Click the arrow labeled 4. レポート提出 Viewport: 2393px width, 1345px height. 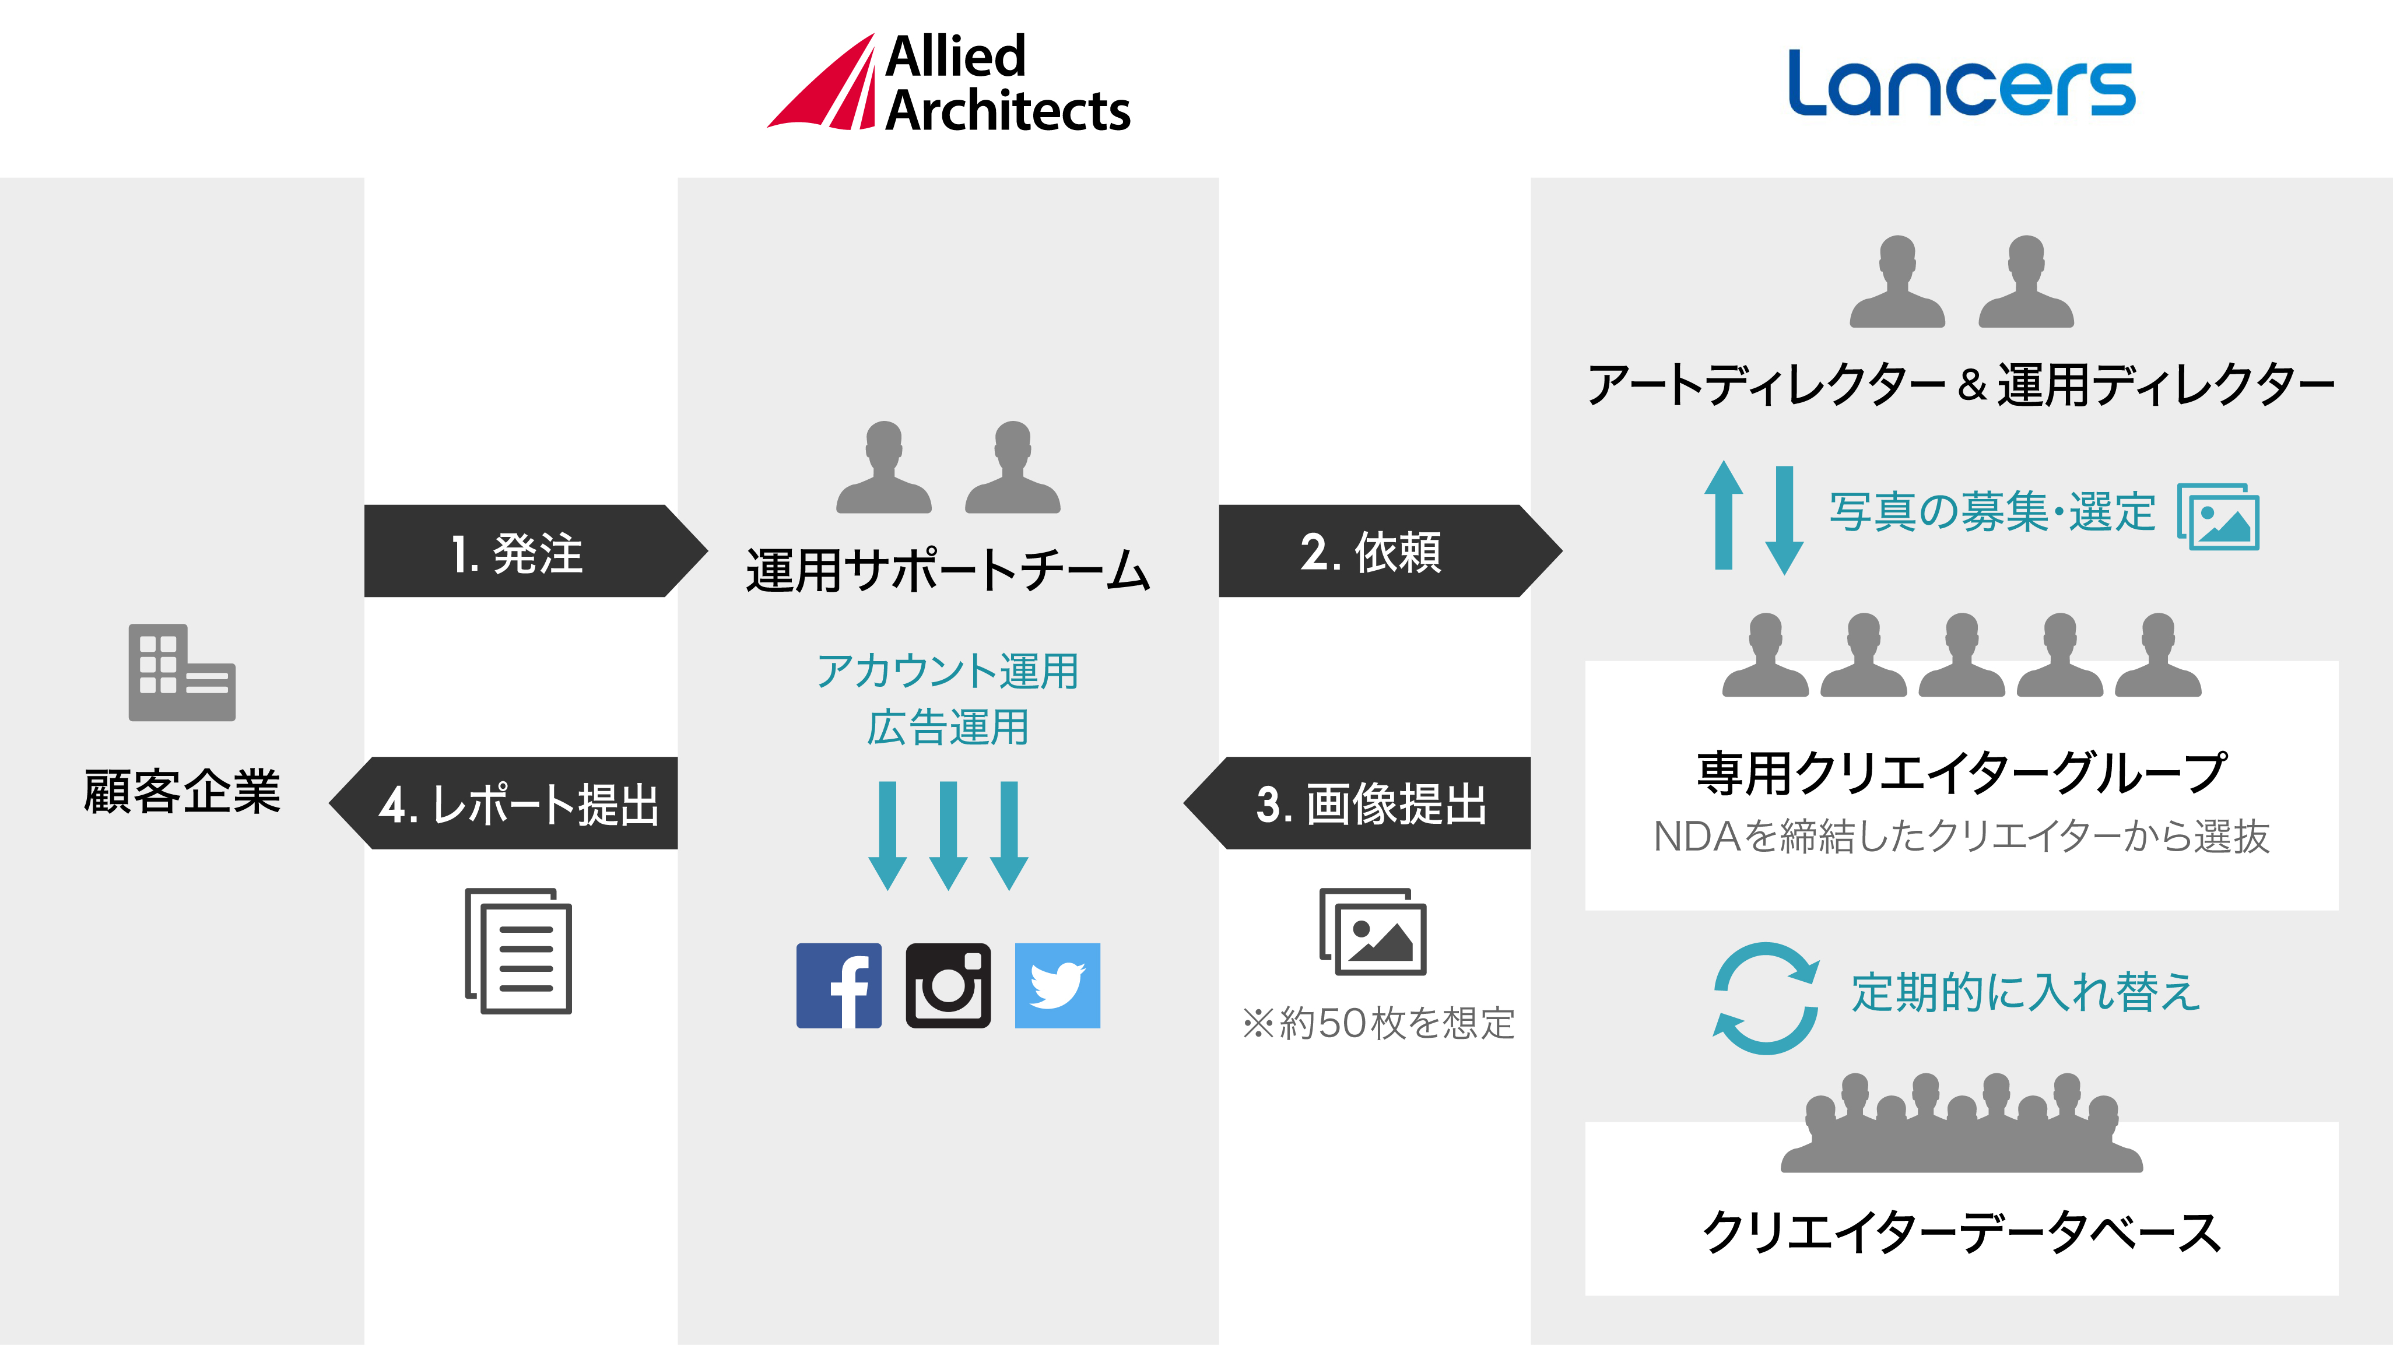click(x=511, y=803)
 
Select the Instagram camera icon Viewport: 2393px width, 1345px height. click(x=948, y=985)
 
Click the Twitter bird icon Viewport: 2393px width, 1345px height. click(x=1057, y=985)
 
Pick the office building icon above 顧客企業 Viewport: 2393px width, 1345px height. click(x=182, y=673)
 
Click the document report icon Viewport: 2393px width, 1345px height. click(x=518, y=950)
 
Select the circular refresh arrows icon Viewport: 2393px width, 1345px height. click(x=1765, y=999)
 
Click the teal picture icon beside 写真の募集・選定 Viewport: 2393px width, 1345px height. click(x=2218, y=517)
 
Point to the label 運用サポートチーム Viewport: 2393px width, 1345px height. click(x=948, y=570)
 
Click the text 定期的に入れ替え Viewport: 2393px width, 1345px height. click(x=2025, y=992)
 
